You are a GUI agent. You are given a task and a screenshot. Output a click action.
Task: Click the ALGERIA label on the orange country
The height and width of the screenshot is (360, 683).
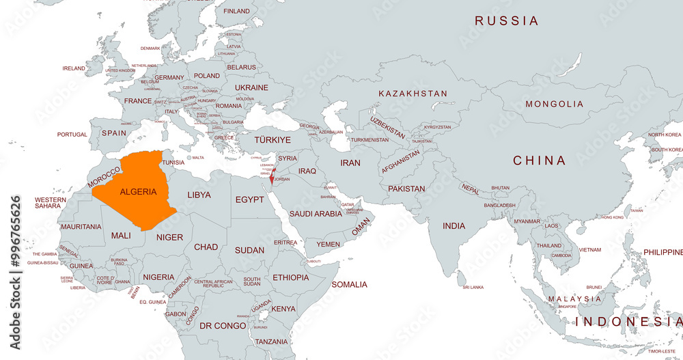(138, 192)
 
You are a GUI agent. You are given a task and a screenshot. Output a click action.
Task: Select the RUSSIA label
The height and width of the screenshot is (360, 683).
(507, 21)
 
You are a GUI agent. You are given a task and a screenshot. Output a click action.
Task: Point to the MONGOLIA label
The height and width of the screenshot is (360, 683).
(554, 104)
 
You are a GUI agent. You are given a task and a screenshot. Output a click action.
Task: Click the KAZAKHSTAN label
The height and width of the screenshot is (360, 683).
(413, 94)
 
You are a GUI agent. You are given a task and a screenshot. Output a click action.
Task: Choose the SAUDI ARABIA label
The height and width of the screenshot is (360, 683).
(316, 214)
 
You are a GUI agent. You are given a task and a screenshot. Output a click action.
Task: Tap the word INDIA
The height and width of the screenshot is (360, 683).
(454, 226)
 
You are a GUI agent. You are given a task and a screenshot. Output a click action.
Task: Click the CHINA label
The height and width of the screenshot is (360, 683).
(540, 161)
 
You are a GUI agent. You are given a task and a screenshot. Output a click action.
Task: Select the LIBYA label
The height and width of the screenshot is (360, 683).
(199, 195)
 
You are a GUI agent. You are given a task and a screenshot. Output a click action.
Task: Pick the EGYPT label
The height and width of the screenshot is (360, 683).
(249, 199)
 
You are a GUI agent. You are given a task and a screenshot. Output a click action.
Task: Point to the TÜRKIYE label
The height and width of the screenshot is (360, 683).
(273, 139)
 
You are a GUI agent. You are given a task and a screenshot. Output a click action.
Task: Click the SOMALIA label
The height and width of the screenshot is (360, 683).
(349, 284)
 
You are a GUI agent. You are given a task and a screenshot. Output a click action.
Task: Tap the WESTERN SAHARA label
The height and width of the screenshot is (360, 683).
(51, 203)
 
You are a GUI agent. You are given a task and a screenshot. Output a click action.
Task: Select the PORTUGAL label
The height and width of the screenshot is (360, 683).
(72, 135)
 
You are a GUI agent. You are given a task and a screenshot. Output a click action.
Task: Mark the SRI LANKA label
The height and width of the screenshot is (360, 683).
(473, 288)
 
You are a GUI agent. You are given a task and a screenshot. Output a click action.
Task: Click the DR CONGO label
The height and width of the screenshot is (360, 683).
(223, 326)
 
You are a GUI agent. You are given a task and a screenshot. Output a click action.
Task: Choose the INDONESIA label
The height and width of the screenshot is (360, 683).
(628, 321)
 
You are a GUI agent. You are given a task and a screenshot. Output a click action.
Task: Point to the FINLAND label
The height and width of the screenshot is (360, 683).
(237, 12)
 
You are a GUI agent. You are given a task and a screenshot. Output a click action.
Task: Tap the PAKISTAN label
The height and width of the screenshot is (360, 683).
(406, 189)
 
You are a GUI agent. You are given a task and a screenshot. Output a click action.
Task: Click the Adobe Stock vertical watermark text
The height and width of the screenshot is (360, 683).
(16, 273)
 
